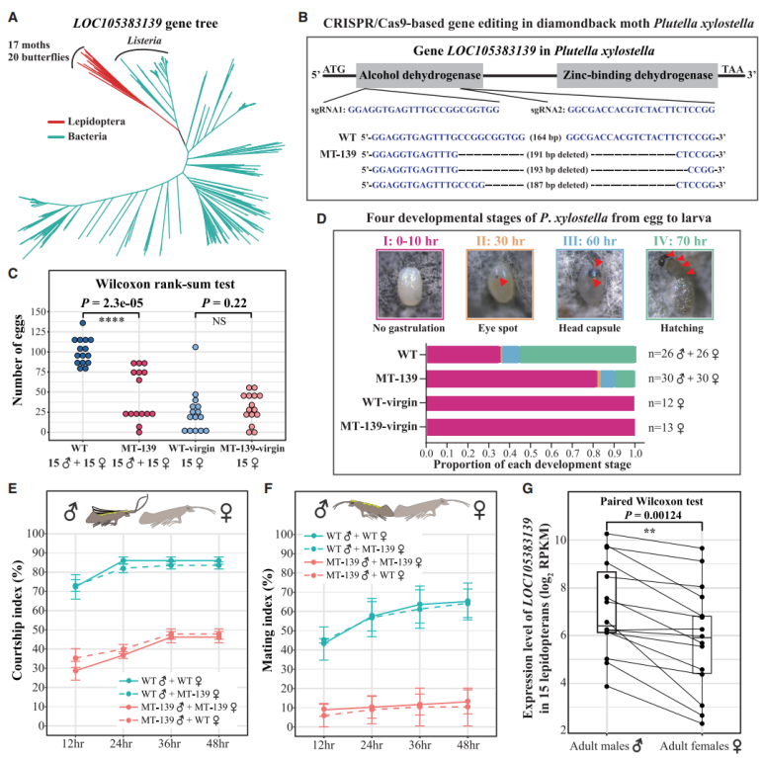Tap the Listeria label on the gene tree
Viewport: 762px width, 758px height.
[142, 41]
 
